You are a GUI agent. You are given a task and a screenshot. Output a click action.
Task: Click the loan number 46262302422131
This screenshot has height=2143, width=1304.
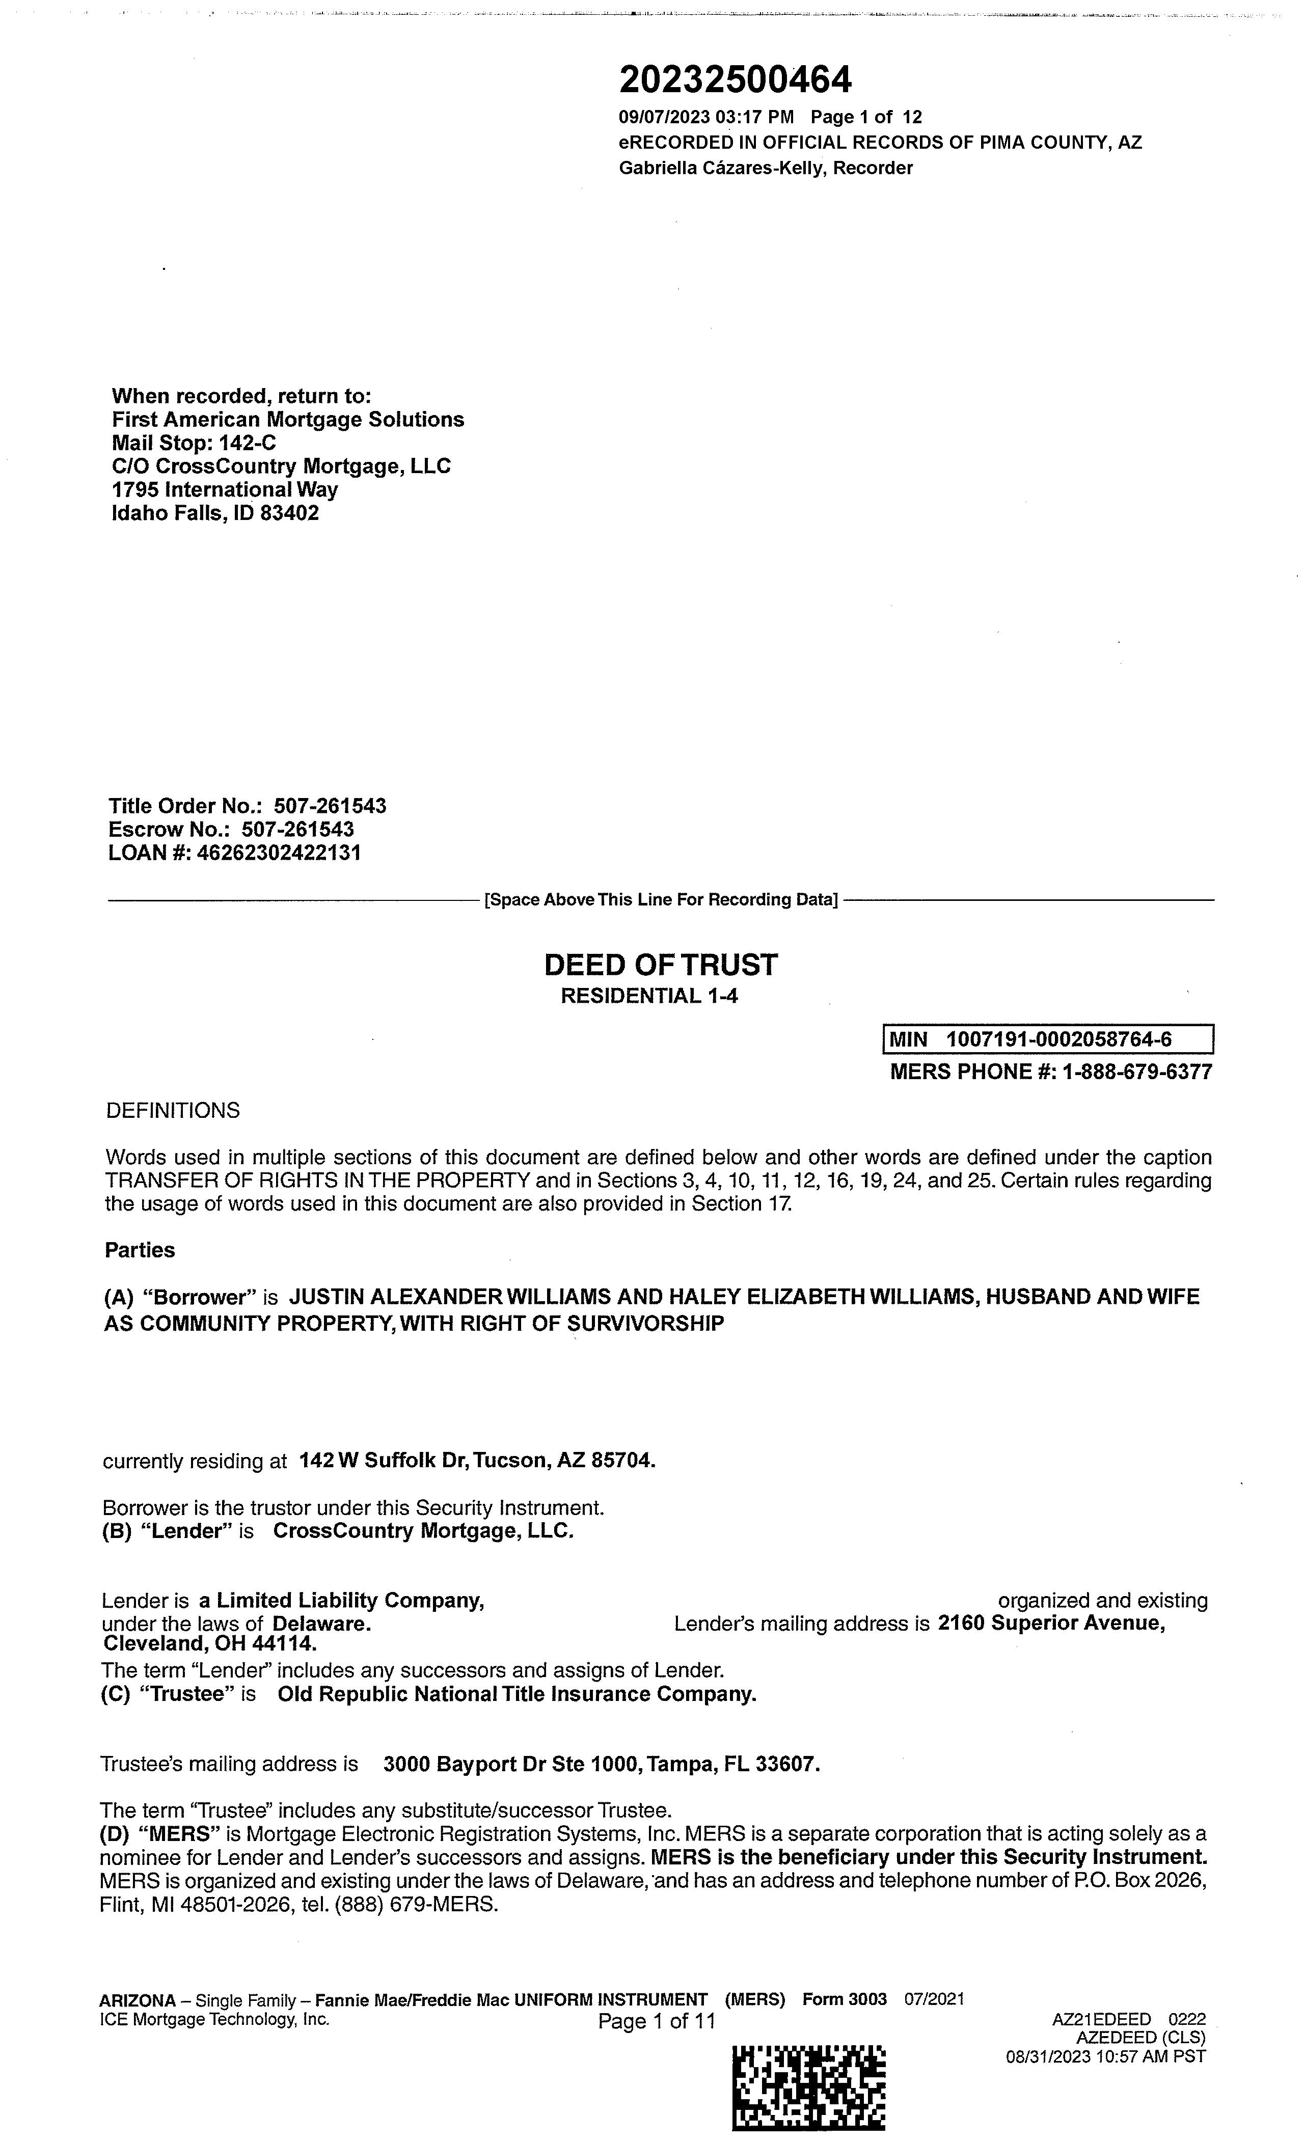pos(278,853)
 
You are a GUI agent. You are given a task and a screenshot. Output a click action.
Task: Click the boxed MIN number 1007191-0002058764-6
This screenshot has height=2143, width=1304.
pos(1058,1039)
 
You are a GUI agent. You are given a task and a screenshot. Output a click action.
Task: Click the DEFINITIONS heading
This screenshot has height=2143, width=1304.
pos(172,1111)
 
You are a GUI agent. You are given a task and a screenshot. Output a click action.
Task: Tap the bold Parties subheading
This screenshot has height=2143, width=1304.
pos(139,1250)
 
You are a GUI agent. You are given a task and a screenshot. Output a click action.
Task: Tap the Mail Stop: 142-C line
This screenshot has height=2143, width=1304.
pos(194,443)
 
